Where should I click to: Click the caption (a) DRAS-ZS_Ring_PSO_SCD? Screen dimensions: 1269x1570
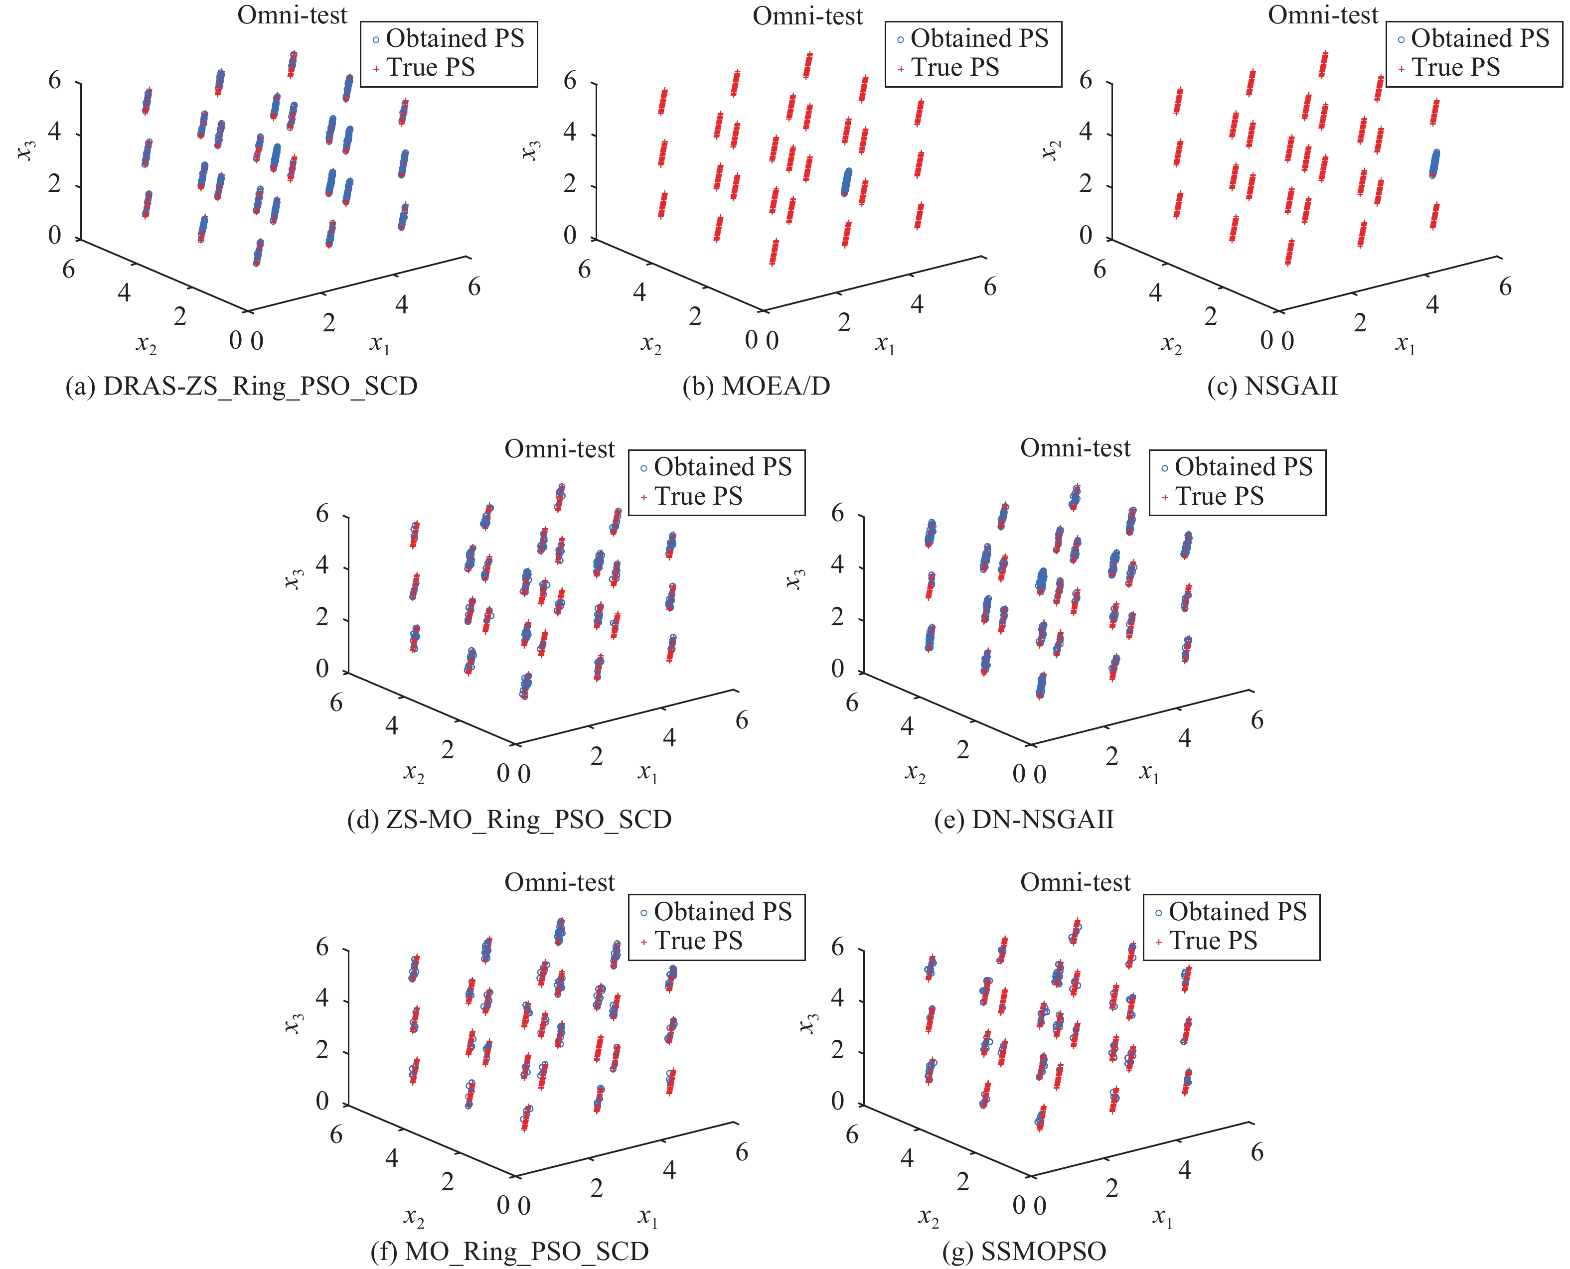pos(241,386)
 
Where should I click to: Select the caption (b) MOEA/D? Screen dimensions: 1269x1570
pos(756,386)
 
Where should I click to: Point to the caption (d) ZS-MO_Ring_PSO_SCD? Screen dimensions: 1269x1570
pos(509,820)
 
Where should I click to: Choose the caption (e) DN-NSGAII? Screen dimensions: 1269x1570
pos(1024,820)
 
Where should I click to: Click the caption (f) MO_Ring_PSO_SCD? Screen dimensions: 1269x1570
pos(509,1252)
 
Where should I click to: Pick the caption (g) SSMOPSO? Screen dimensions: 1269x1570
pos(1024,1252)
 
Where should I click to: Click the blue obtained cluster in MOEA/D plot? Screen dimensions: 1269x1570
pos(846,182)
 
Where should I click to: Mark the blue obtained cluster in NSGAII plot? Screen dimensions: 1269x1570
pos(1434,164)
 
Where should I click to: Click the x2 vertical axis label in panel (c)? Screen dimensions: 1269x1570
pos(1051,150)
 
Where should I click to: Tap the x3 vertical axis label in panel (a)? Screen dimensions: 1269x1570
pos(25,150)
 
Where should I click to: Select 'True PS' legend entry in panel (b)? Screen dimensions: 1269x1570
pos(954,67)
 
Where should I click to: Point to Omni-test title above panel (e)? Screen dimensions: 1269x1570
pos(1075,448)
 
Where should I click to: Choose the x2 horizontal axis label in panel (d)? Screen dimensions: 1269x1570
pos(414,773)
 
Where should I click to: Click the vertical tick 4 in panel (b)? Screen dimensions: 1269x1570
pos(570,133)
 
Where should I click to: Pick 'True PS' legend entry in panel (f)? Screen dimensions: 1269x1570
pos(698,941)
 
